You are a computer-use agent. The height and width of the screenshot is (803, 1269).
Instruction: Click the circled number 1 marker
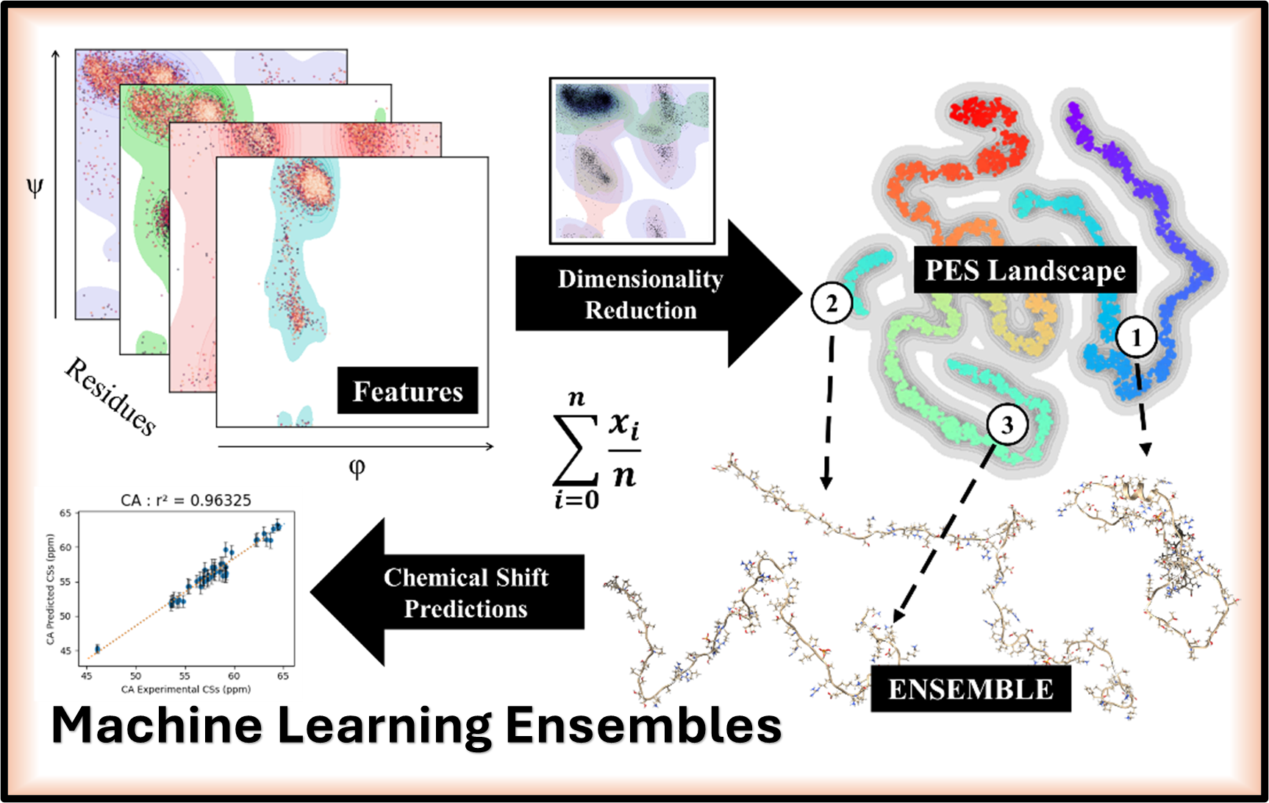[1136, 338]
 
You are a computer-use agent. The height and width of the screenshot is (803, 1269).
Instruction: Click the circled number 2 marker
[832, 303]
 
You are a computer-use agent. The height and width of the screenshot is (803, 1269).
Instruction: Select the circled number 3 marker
[1007, 424]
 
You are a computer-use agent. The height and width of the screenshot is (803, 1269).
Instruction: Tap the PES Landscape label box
[1025, 271]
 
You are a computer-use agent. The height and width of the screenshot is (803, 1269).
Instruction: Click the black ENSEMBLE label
[970, 690]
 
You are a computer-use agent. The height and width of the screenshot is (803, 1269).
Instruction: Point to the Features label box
[408, 391]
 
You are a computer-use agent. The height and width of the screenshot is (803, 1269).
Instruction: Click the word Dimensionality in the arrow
[640, 279]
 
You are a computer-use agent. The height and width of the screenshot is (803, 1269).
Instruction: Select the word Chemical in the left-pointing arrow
[435, 578]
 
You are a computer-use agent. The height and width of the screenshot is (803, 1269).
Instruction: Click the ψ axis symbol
[35, 188]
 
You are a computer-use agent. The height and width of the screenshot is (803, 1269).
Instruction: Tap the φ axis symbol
[357, 468]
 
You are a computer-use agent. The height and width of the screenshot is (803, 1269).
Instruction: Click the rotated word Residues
[111, 396]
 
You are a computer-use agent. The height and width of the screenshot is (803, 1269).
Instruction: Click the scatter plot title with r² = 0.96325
[186, 500]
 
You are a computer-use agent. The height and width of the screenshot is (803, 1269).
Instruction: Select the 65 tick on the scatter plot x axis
[283, 676]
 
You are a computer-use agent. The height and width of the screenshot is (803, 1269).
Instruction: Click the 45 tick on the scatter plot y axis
[65, 651]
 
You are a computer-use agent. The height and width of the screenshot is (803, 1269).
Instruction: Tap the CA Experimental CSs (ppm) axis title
[186, 690]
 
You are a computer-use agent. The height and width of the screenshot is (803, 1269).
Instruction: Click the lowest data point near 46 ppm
[98, 649]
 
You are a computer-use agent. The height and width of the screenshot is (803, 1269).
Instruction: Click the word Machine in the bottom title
[157, 726]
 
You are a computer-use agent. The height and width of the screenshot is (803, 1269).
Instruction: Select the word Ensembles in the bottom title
[643, 726]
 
